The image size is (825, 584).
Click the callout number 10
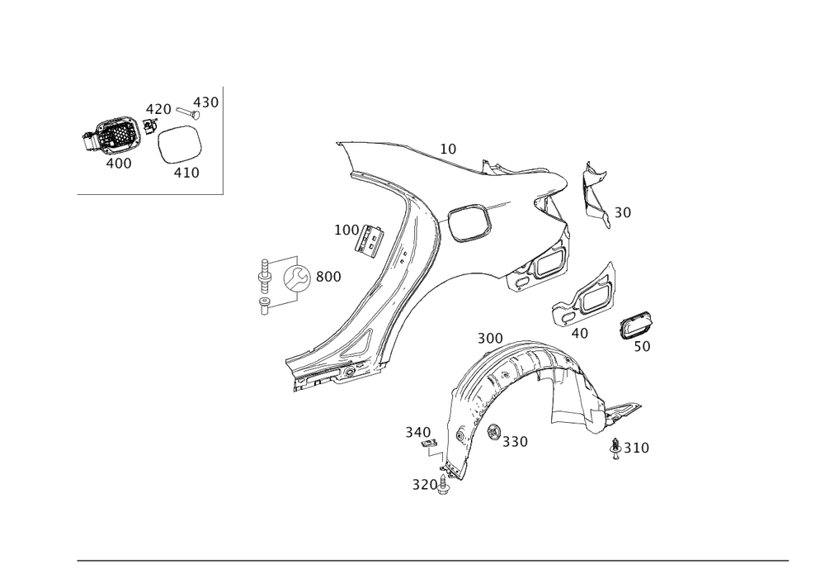pyautogui.click(x=448, y=150)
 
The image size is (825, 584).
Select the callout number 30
pyautogui.click(x=622, y=213)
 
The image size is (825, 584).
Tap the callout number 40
pyautogui.click(x=579, y=333)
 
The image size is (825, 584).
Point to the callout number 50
pyautogui.click(x=643, y=347)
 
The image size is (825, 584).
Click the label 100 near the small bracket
pyautogui.click(x=344, y=230)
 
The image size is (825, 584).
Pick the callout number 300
pyautogui.click(x=489, y=339)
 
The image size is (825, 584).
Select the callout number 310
pyautogui.click(x=636, y=448)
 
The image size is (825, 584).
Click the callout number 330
pyautogui.click(x=515, y=442)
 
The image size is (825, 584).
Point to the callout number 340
pyautogui.click(x=417, y=431)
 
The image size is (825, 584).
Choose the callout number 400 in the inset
pyautogui.click(x=119, y=164)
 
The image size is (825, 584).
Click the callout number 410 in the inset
pyautogui.click(x=186, y=173)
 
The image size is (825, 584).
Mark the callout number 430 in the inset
pyautogui.click(x=206, y=102)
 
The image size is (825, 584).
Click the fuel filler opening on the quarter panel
pyautogui.click(x=466, y=223)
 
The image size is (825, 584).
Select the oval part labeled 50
pyautogui.click(x=637, y=326)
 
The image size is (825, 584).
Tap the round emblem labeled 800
pyautogui.click(x=296, y=278)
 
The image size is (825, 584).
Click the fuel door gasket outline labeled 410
pyautogui.click(x=179, y=144)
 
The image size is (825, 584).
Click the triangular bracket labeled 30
pyautogui.click(x=594, y=195)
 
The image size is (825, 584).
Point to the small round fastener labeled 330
pyautogui.click(x=493, y=430)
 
